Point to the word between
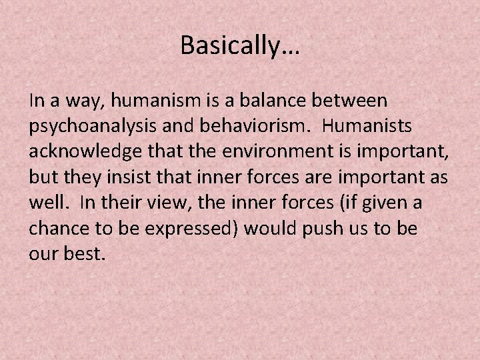(x=350, y=101)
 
